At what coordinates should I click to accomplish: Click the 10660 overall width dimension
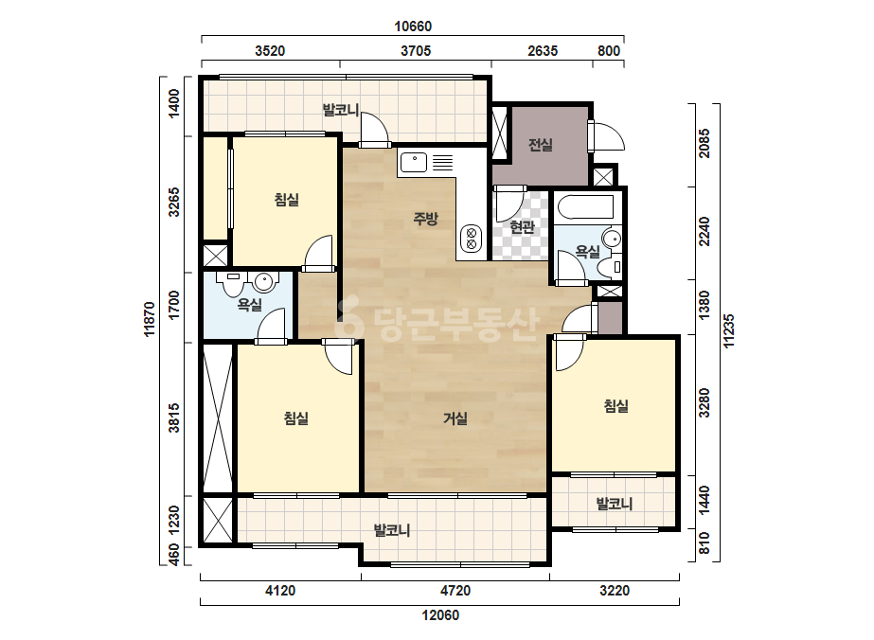(x=413, y=27)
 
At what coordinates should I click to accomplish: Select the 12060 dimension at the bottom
(x=440, y=615)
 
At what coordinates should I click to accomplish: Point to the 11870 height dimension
(x=149, y=319)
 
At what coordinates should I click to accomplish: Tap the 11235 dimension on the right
(x=728, y=331)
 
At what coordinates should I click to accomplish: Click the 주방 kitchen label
(x=425, y=219)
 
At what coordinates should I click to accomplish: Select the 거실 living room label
(x=455, y=418)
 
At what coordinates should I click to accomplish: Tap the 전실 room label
(x=540, y=145)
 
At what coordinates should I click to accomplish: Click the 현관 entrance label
(x=523, y=227)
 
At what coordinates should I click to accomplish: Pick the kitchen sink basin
(x=414, y=162)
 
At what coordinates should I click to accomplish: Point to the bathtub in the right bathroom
(x=584, y=206)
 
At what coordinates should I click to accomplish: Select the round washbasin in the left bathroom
(x=263, y=282)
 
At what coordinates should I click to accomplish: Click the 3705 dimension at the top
(x=416, y=51)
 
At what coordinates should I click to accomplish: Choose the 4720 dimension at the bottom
(x=455, y=590)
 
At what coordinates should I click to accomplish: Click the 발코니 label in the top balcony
(x=341, y=110)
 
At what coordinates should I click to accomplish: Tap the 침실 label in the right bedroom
(x=615, y=406)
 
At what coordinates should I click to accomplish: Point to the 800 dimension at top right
(x=609, y=51)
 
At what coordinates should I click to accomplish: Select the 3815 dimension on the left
(x=174, y=418)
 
